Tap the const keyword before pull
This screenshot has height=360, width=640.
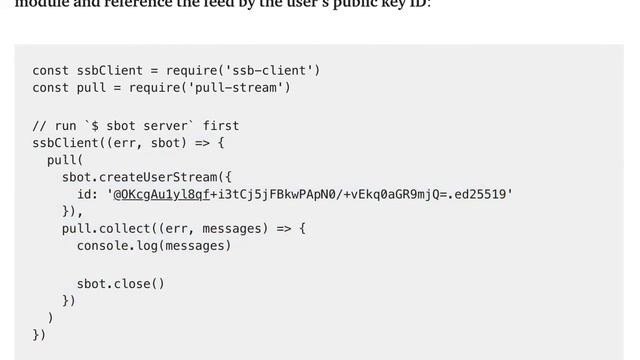click(x=50, y=88)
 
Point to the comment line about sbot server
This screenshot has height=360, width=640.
click(x=135, y=126)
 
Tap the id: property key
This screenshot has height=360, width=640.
click(x=87, y=194)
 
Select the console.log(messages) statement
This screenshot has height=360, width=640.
click(x=153, y=245)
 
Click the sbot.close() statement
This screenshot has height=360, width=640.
click(x=120, y=283)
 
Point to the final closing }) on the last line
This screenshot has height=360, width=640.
click(x=39, y=335)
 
